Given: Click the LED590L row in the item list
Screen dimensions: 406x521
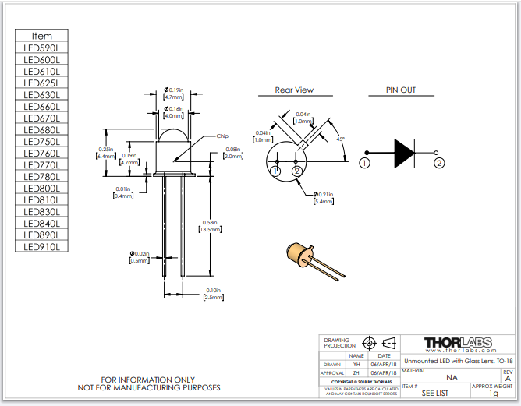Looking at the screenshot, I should click(x=42, y=48).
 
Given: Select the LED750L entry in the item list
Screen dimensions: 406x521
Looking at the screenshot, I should click(x=42, y=142).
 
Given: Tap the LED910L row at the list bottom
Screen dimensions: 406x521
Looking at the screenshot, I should click(x=42, y=247).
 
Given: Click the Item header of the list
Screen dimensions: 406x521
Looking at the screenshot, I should click(x=42, y=36).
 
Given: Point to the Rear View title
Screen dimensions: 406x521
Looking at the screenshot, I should click(x=294, y=90).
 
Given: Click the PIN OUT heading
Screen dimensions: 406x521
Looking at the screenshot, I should click(x=401, y=90).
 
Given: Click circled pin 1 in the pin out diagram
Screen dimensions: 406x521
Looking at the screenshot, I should click(x=364, y=163).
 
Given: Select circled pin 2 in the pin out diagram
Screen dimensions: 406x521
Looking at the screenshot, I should click(x=439, y=163).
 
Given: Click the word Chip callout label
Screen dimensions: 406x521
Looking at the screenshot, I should click(x=222, y=136).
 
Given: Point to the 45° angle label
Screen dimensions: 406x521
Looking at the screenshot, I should click(x=340, y=139).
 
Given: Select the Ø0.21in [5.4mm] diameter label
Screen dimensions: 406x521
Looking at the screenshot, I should click(x=323, y=198).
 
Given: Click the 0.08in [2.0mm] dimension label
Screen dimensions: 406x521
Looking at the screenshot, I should click(x=232, y=153).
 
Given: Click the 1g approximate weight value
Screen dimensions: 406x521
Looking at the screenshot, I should click(x=493, y=394).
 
